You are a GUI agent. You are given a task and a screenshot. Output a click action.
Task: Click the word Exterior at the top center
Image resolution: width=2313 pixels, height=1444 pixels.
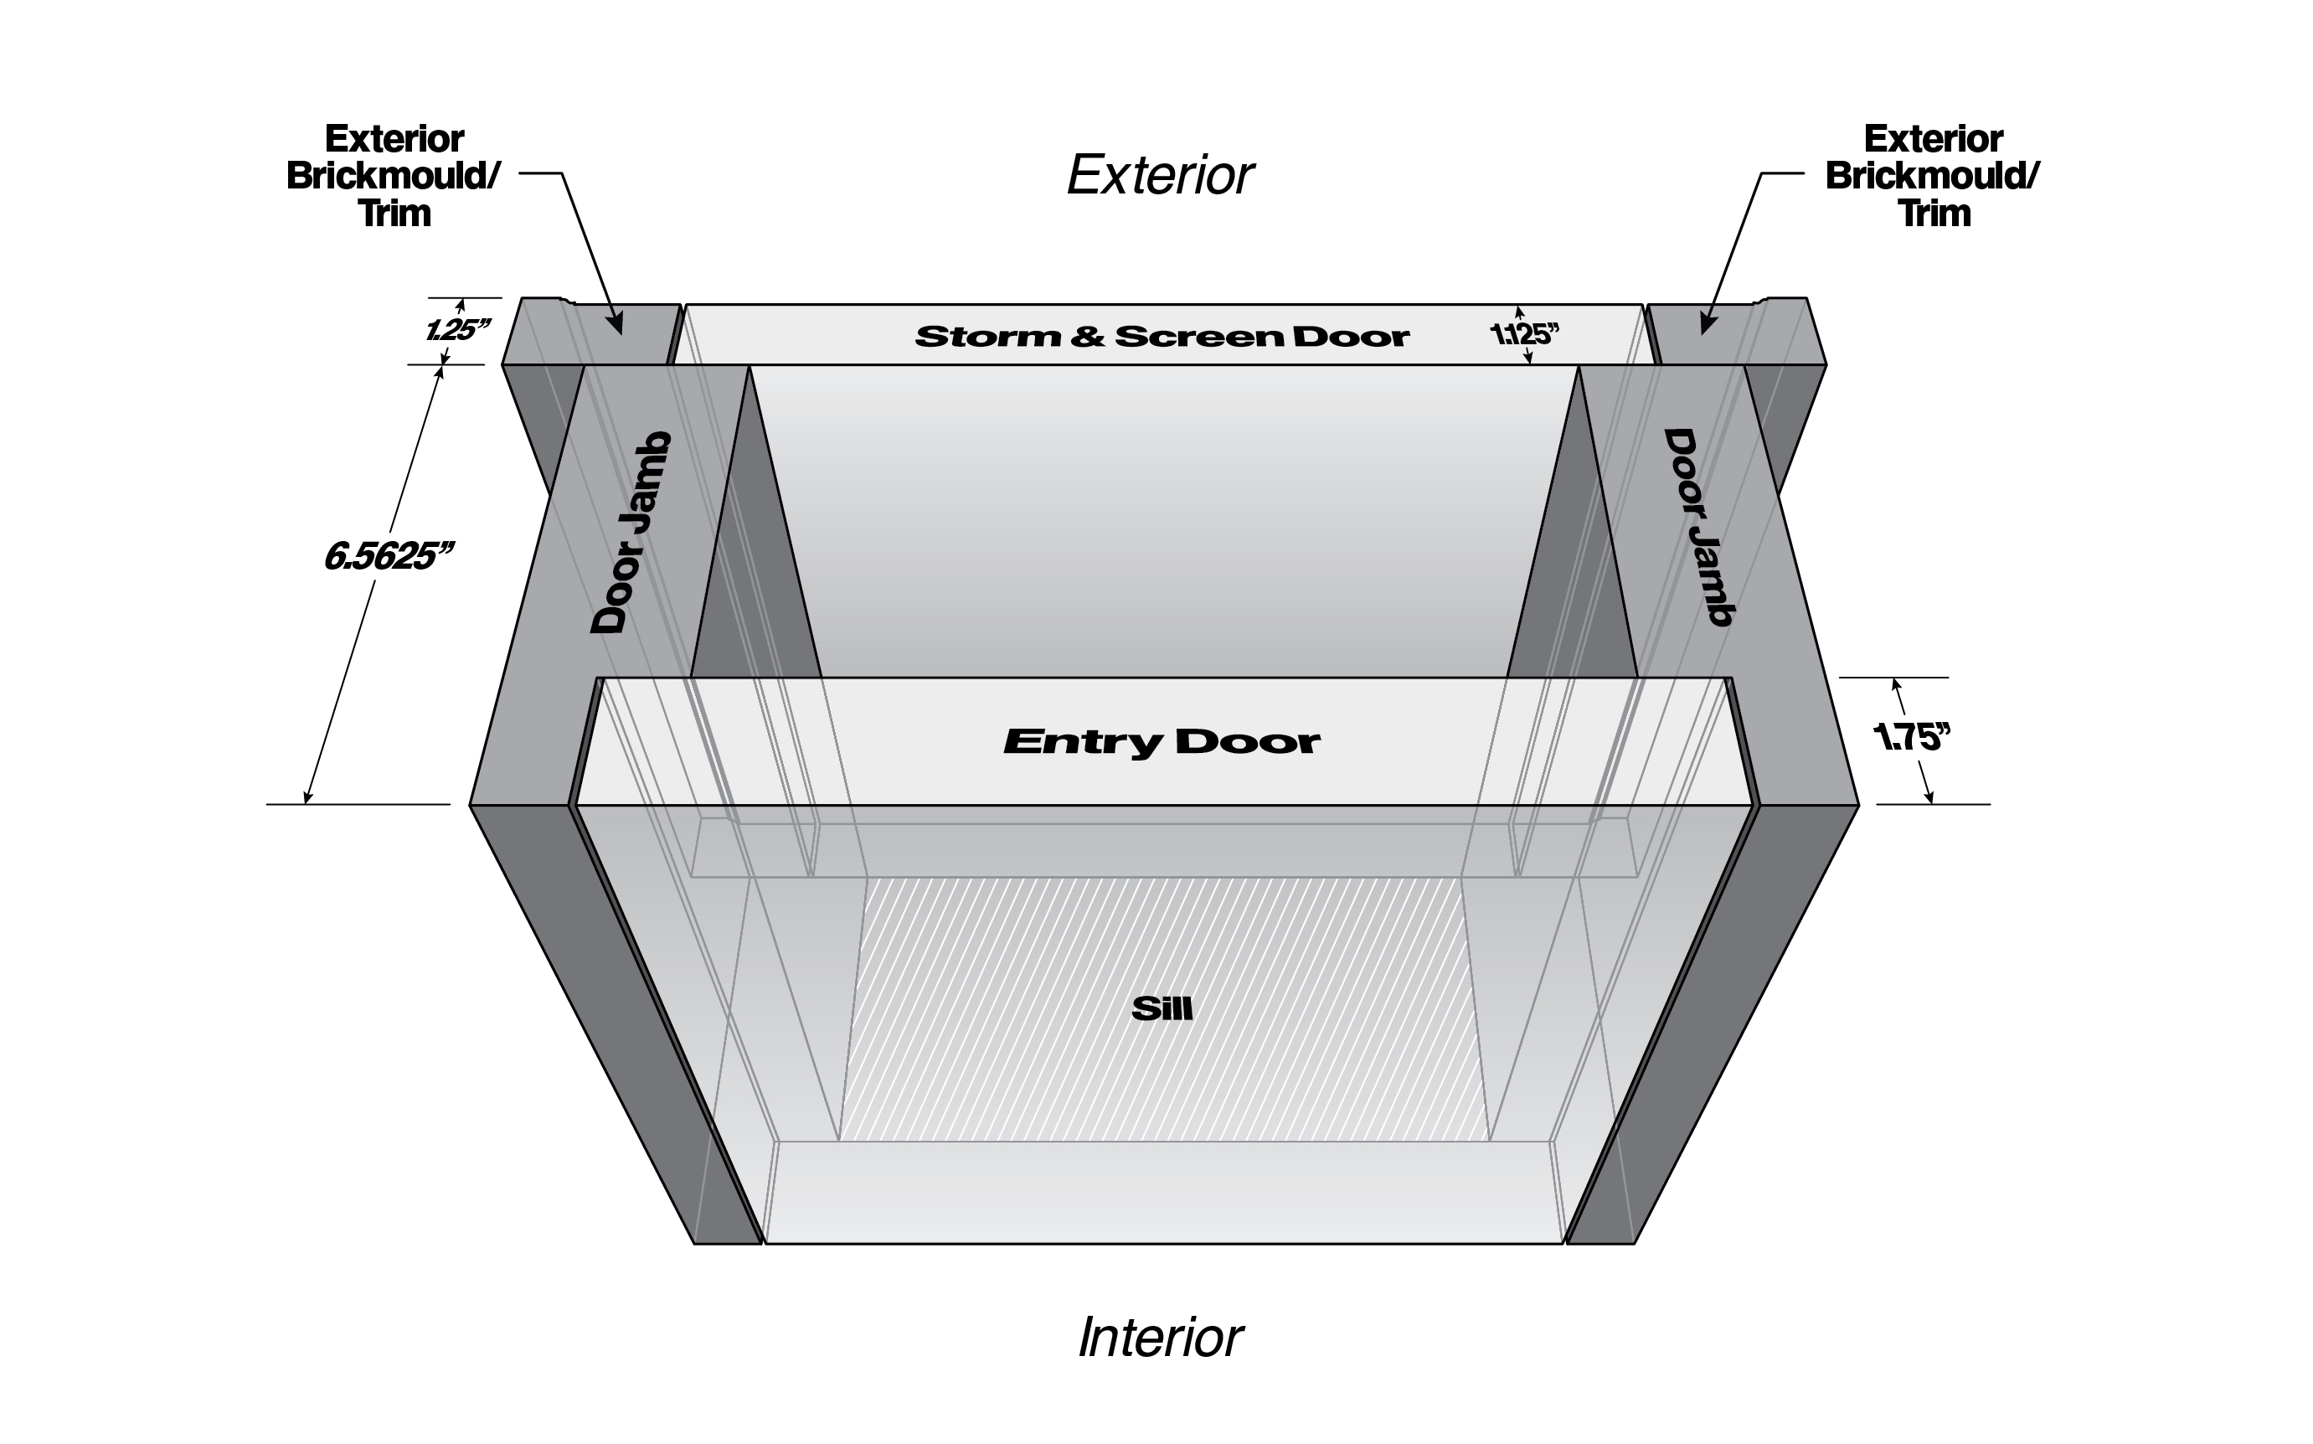[1160, 176]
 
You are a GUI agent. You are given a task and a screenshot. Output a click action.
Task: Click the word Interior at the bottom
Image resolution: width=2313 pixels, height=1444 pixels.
[1161, 1337]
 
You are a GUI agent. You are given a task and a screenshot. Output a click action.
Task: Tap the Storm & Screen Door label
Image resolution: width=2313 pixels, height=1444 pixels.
[1162, 336]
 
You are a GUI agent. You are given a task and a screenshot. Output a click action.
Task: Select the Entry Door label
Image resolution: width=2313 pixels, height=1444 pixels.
[1162, 742]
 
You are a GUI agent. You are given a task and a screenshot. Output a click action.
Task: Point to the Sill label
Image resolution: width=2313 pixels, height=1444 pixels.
[1162, 1009]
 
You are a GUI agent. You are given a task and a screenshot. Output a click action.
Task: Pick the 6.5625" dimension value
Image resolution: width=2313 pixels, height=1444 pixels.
[388, 557]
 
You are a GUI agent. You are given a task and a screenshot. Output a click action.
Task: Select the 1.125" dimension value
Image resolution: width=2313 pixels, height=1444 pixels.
[1524, 334]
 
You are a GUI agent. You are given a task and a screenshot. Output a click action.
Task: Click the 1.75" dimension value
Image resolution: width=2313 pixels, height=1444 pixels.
[1911, 738]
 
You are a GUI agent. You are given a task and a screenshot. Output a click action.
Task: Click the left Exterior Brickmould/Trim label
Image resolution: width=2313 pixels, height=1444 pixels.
[394, 177]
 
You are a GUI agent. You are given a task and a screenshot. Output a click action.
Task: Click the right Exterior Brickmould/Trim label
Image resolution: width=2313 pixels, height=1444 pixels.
[1932, 177]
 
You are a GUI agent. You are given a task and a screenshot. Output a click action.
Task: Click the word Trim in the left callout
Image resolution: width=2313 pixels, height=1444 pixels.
[394, 213]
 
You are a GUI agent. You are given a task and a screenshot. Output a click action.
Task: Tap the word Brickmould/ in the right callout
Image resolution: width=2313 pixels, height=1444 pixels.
[1932, 177]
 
